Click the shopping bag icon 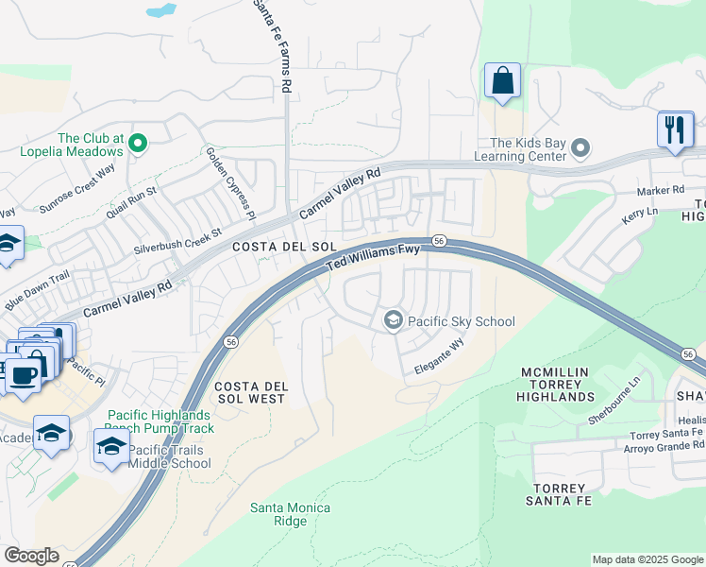coord(502,81)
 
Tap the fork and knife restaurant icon coord(675,129)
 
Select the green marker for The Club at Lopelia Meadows coord(138,144)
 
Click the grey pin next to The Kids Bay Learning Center coord(580,147)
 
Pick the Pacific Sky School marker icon coord(393,321)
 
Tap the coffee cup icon coord(24,374)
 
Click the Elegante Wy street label coord(440,359)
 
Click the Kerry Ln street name coord(639,214)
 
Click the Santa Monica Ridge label coord(290,514)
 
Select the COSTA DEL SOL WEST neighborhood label coord(250,393)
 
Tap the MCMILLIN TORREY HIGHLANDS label coord(557,385)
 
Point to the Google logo coord(31,556)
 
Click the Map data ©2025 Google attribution coord(647,559)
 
